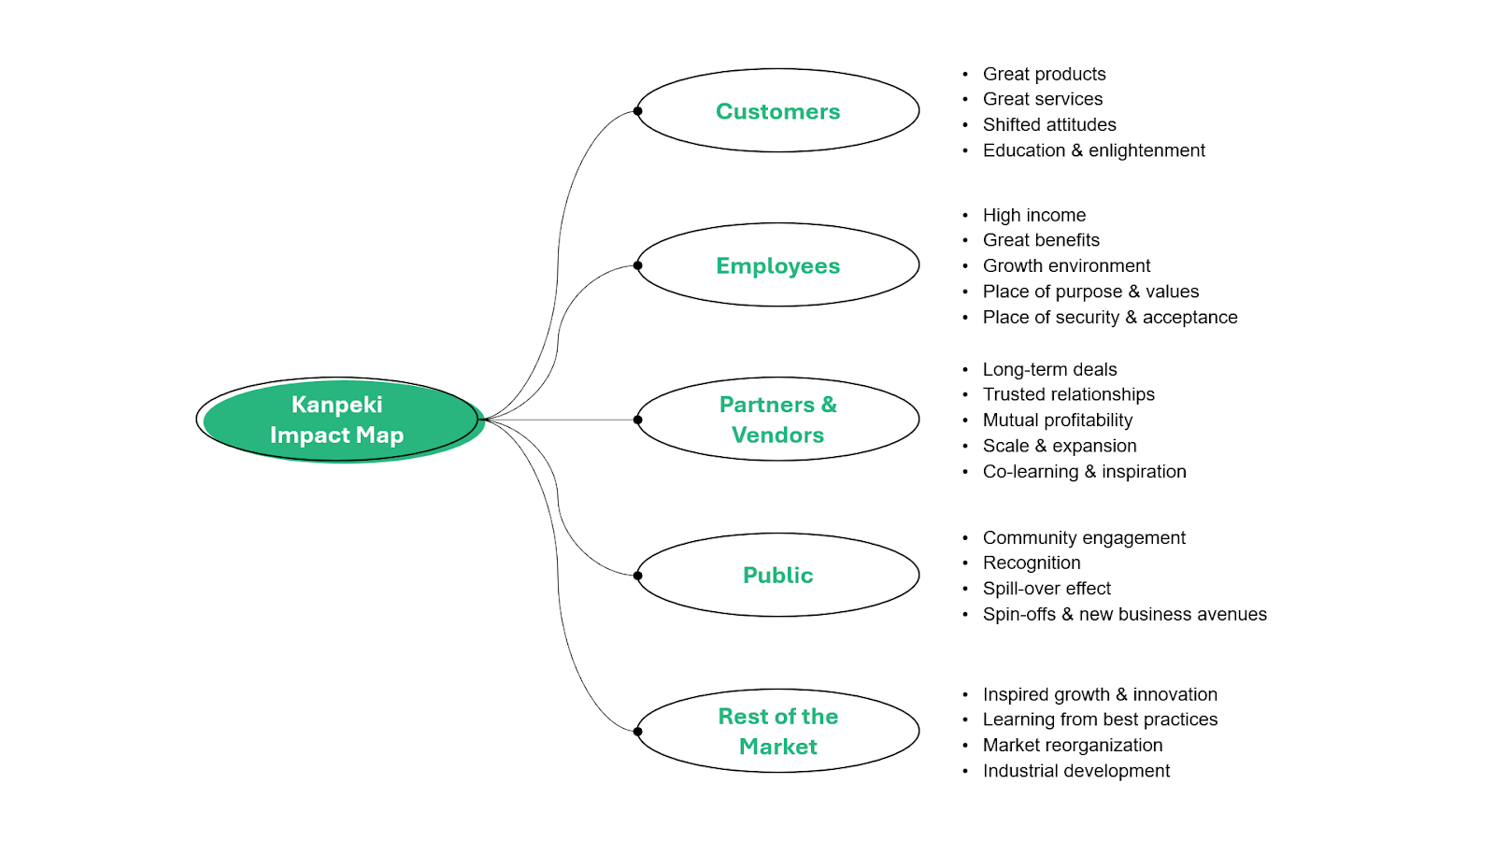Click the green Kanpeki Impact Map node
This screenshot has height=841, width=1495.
coord(338,420)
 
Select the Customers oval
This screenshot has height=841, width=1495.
coord(777,111)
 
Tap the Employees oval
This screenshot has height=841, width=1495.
coord(777,265)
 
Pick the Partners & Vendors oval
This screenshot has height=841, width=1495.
coord(777,420)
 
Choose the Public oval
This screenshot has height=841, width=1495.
coord(777,575)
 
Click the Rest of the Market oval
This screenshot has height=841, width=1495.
coord(777,731)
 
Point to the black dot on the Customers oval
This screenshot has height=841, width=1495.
coord(637,111)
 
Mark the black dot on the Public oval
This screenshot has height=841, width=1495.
coord(637,576)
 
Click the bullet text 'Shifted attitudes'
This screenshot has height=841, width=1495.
coord(1048,124)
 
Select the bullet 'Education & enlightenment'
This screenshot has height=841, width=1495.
coord(1093,150)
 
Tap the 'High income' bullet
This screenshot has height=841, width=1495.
coord(1033,215)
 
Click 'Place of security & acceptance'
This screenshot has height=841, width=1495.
coord(1109,318)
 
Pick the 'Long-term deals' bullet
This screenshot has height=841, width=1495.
coord(1049,369)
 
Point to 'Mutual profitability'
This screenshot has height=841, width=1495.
coord(1057,420)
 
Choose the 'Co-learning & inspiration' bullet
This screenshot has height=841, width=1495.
coord(1084,472)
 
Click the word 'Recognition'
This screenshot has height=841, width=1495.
coord(1032,563)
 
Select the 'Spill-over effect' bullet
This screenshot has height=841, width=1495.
coord(1046,589)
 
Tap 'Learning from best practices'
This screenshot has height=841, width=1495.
coord(1100,720)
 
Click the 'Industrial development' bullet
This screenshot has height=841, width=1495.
coord(1075,771)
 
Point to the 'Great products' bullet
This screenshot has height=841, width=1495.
coord(1044,74)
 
